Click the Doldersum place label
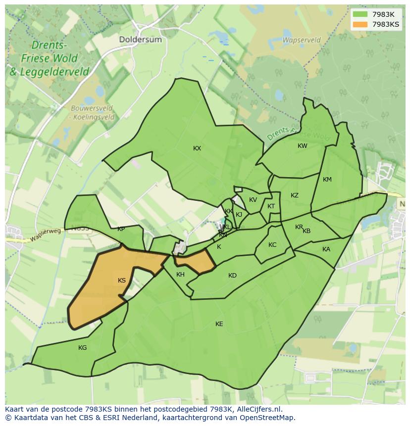pos(140,39)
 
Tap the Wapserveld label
pos(301,40)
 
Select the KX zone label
pos(197,148)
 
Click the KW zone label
pos(302,146)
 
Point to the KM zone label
pos(327,180)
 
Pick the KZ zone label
pos(295,195)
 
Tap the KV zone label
pos(253,200)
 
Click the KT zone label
pos(271,206)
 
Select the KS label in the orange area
pos(122,281)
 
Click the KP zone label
pos(121,229)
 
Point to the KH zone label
pos(180,275)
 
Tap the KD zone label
pos(232,276)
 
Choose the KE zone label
pos(219,324)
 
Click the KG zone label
pos(82,348)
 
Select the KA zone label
pos(326,249)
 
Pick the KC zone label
pos(272,245)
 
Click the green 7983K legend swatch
pos(360,14)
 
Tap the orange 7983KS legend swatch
pos(360,24)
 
